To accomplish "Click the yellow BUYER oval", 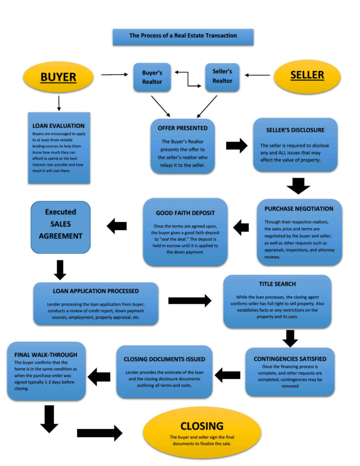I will [x=58, y=77].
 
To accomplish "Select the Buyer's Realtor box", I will [x=152, y=76].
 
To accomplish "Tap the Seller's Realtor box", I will [x=222, y=76].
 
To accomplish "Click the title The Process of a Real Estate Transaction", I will [x=183, y=35].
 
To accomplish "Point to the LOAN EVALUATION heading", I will [x=58, y=126].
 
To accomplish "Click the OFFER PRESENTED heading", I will [x=183, y=128].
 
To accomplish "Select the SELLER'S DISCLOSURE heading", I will [x=295, y=130].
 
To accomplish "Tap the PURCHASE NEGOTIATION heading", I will [x=299, y=209].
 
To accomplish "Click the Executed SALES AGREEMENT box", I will [x=61, y=224].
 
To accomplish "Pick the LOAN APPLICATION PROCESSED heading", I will [x=96, y=291].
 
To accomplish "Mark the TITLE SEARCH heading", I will [x=277, y=284].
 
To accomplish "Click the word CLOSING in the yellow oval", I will [x=202, y=426].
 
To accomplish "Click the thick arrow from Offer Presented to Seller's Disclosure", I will [x=237, y=146].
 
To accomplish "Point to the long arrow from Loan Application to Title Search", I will [x=189, y=300].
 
